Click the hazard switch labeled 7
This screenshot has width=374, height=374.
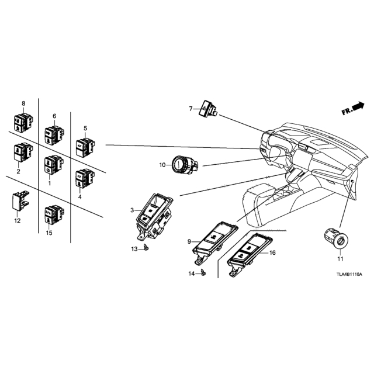click(207, 109)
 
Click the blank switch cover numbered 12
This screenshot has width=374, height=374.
click(20, 200)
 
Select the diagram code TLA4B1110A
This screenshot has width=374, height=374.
click(349, 275)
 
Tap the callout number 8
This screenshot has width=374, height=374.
click(23, 103)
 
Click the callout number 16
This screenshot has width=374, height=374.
click(272, 252)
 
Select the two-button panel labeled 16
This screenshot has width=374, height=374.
click(250, 254)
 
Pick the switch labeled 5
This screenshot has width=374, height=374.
click(85, 147)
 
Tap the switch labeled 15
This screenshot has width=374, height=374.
click(54, 214)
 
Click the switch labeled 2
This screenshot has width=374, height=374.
click(23, 152)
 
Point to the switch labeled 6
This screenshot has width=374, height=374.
click(54, 135)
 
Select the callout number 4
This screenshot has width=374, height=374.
click(79, 197)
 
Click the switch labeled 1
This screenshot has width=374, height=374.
click(54, 164)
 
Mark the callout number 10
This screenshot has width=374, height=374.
click(162, 165)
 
